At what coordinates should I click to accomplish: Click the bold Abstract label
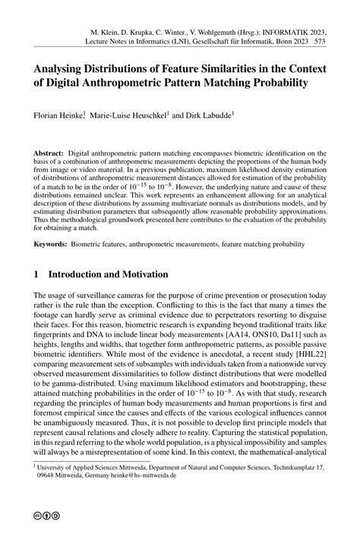coord(49,153)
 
